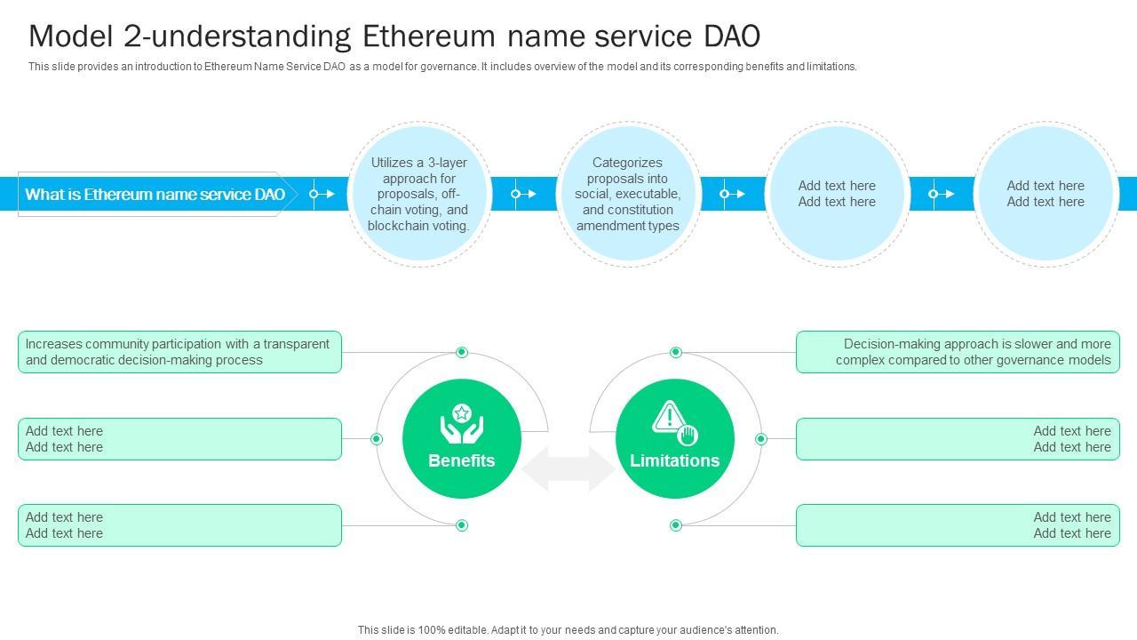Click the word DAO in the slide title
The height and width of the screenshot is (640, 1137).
[731, 36]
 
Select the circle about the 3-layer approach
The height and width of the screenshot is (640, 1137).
[419, 194]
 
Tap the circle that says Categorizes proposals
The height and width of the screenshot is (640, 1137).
[628, 194]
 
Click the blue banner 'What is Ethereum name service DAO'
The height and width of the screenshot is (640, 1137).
[155, 194]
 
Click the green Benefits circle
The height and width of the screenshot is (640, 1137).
[461, 438]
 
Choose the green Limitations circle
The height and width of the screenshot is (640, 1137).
[674, 438]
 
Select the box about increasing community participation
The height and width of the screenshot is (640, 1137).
[179, 352]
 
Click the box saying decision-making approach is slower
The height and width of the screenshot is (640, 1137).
[958, 352]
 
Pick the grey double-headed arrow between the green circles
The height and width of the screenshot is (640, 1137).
[568, 468]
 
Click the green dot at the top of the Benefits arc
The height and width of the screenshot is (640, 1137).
[461, 352]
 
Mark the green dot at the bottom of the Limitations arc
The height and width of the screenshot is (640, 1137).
[676, 525]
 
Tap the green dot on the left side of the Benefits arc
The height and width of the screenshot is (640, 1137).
[377, 439]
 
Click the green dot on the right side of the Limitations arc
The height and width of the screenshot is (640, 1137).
[761, 439]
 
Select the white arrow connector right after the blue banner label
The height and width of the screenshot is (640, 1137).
[322, 194]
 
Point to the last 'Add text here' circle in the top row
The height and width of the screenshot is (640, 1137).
[1046, 194]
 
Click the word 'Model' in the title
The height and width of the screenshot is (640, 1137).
[70, 36]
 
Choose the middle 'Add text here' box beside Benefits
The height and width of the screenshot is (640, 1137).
[179, 439]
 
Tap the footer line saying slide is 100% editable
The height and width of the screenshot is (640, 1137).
[568, 630]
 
